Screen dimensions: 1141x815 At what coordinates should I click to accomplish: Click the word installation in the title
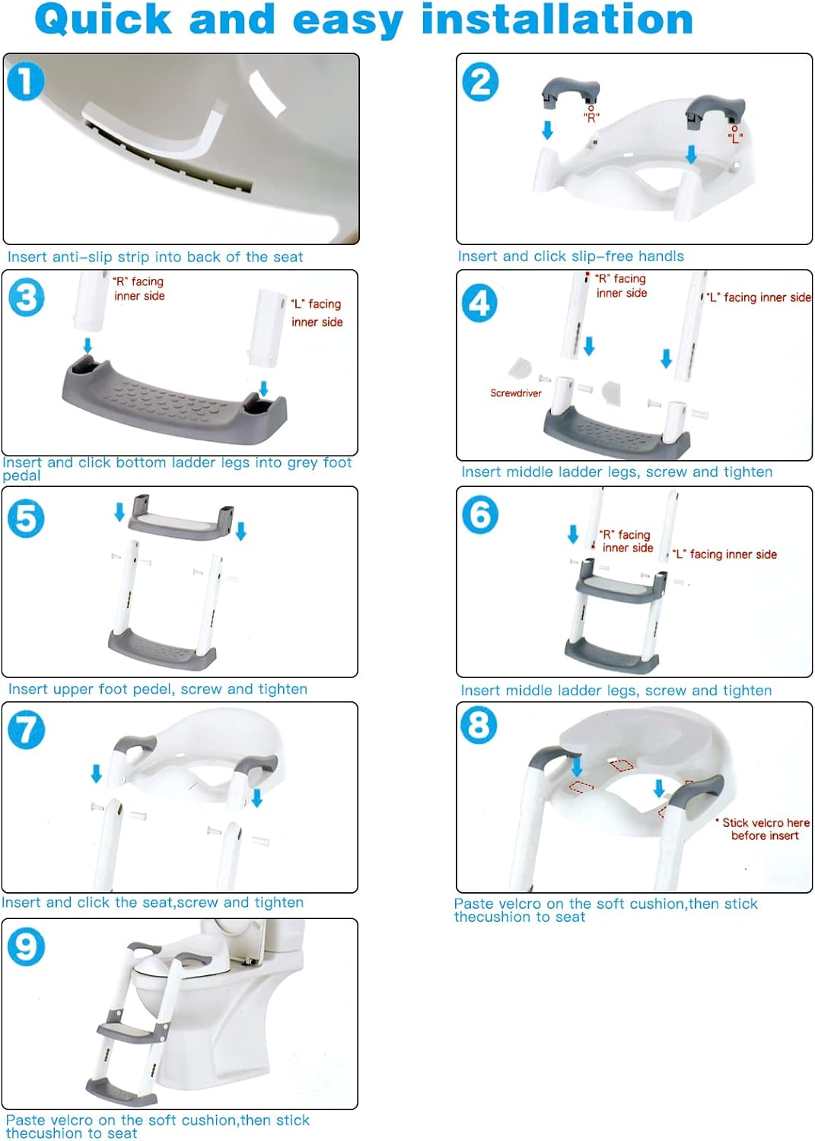(x=556, y=20)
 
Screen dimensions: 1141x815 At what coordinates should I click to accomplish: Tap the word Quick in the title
(x=103, y=20)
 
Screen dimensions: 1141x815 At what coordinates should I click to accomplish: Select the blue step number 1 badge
(x=26, y=81)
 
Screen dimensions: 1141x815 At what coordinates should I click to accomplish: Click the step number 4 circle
(x=479, y=304)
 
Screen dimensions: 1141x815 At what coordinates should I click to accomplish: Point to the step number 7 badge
(x=26, y=729)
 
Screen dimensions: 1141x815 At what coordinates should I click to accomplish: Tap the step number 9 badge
(x=26, y=947)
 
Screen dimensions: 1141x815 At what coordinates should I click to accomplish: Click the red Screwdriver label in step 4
(x=515, y=393)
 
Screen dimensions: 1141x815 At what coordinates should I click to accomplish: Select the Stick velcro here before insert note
(x=764, y=829)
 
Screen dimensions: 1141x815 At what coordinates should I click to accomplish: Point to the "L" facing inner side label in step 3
(x=317, y=313)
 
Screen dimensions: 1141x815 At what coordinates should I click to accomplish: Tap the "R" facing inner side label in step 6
(x=626, y=541)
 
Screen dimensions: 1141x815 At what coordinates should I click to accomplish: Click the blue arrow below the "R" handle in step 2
(x=547, y=131)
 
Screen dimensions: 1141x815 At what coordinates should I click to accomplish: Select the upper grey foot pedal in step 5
(x=180, y=517)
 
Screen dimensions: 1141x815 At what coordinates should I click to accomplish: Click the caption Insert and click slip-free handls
(x=570, y=256)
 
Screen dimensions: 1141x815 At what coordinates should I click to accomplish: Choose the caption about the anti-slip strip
(x=154, y=257)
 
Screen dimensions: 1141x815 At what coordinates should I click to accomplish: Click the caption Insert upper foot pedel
(x=158, y=689)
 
